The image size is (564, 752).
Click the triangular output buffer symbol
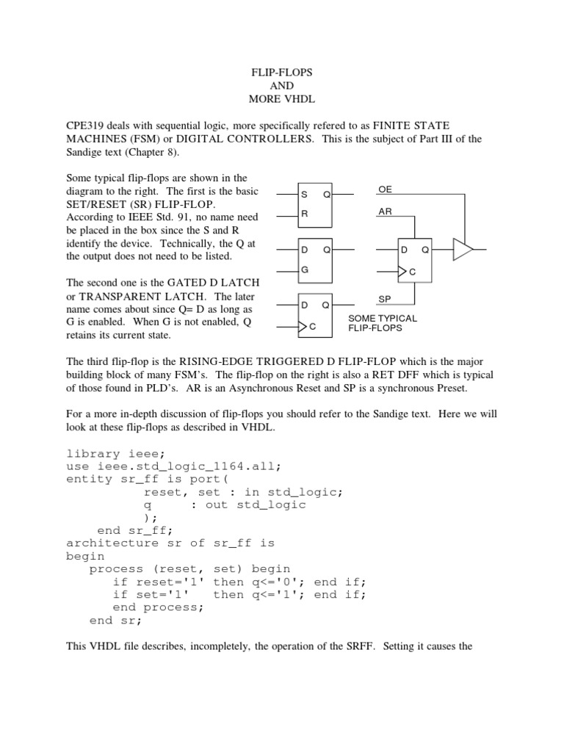tap(463, 251)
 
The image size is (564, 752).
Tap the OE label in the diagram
tap(385, 189)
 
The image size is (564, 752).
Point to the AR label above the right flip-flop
tap(385, 212)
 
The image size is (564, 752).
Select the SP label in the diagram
tap(385, 300)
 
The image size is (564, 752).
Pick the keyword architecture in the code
tap(112, 543)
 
